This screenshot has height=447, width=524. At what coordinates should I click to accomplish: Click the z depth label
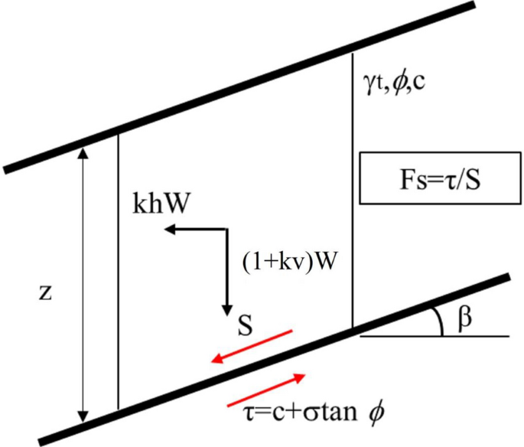tap(48, 293)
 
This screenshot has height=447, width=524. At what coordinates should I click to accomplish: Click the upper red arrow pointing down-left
tap(252, 345)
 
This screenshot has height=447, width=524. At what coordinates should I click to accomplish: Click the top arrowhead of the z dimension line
tap(84, 150)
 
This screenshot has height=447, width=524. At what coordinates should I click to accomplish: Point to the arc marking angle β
tap(441, 321)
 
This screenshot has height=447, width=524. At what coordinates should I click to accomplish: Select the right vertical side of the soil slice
tap(353, 191)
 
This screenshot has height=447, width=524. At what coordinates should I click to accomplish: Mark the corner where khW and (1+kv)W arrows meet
tap(226, 228)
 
